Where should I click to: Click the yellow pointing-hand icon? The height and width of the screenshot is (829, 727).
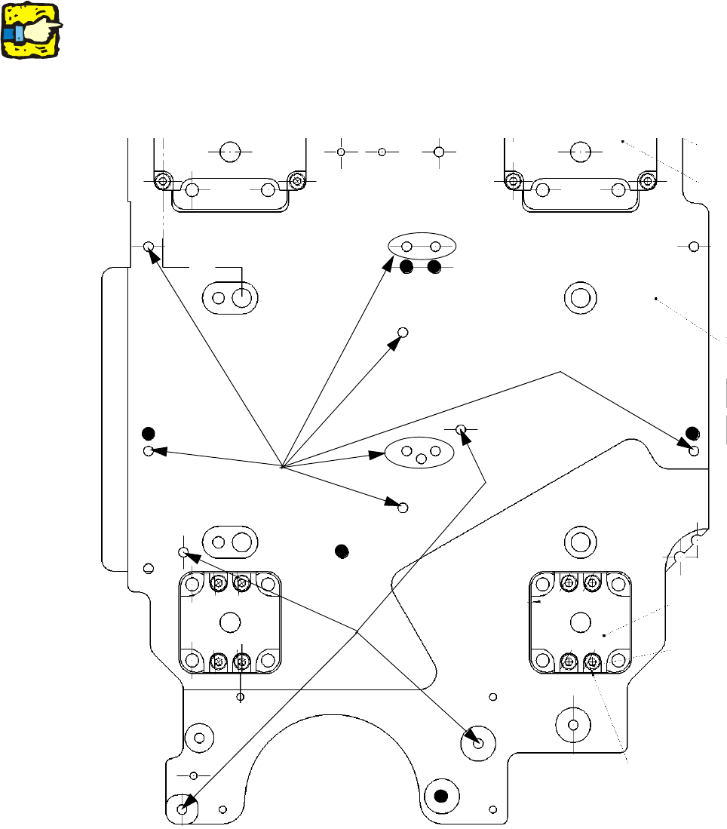tap(31, 30)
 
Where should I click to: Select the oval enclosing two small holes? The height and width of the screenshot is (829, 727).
tap(422, 246)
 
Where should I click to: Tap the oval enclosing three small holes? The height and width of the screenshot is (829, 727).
tap(421, 453)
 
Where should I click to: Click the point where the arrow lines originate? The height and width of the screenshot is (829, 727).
tap(281, 467)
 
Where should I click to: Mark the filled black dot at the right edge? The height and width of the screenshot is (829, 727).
tap(692, 433)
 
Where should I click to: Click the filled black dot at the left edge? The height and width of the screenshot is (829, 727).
tap(149, 433)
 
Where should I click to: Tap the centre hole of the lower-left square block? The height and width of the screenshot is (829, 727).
tap(229, 622)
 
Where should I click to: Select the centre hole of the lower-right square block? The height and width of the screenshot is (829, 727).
tap(580, 622)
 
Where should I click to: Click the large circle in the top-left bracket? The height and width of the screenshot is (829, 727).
tap(230, 151)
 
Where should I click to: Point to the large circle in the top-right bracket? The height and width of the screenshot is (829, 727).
tap(580, 151)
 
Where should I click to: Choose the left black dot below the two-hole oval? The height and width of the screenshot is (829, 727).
tap(406, 267)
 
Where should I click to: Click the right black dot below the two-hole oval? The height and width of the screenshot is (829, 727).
tap(434, 267)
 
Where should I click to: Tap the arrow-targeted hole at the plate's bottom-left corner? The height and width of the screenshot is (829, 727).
tap(182, 809)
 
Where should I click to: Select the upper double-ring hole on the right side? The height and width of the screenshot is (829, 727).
tap(580, 297)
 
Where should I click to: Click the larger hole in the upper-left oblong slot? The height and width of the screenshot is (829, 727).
tap(241, 298)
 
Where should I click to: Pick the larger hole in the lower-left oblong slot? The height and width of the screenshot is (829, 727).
tap(241, 542)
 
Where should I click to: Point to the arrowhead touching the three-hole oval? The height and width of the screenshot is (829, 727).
tap(377, 455)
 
